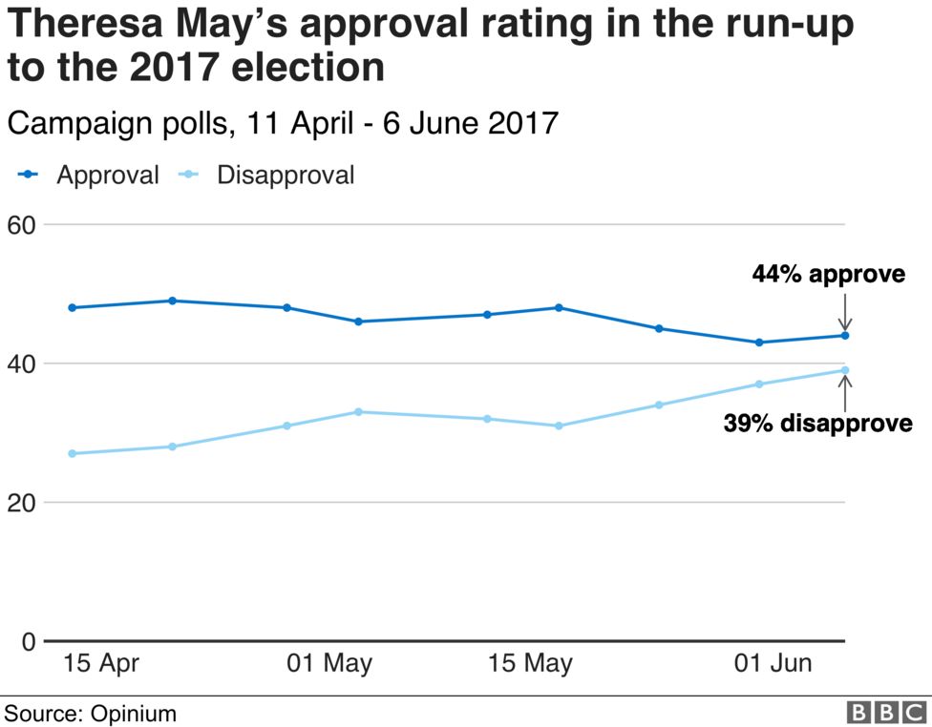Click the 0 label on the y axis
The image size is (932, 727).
[x=28, y=641]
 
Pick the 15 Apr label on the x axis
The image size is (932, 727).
[x=101, y=663]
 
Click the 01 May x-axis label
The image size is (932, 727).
[x=329, y=663]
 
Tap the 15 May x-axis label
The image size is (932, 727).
[x=531, y=663]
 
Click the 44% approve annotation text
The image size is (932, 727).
[x=828, y=275]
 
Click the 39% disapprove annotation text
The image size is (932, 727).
[x=817, y=423]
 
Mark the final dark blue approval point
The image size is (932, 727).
[x=845, y=335]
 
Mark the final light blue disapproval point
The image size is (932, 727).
[x=845, y=370]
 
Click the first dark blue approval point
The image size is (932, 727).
[x=73, y=307]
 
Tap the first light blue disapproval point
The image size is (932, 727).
[x=73, y=453]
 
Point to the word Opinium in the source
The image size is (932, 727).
[x=134, y=714]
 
